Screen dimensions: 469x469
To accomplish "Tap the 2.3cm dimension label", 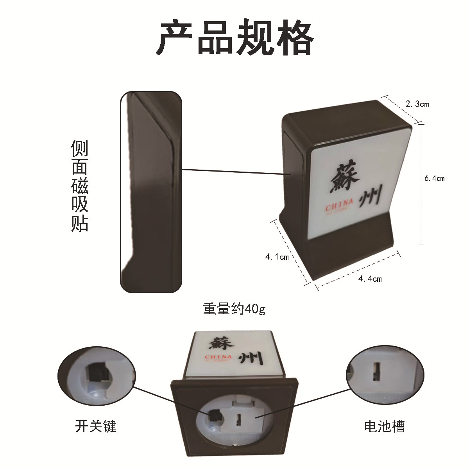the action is (417, 104).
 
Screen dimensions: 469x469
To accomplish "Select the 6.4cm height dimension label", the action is (435, 179).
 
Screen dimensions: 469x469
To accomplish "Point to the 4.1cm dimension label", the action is (277, 257).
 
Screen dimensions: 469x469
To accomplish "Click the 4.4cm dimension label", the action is (370, 279).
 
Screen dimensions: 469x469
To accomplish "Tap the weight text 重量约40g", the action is (234, 309).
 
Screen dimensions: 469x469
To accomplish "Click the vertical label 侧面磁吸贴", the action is (80, 185).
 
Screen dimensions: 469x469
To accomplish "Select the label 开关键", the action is (96, 426).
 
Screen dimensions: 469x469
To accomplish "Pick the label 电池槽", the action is (384, 426).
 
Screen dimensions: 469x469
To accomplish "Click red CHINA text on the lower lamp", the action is (218, 357).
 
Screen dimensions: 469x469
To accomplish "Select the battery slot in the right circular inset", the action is (376, 372).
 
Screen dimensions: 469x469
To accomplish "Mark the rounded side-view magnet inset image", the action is (151, 192).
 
